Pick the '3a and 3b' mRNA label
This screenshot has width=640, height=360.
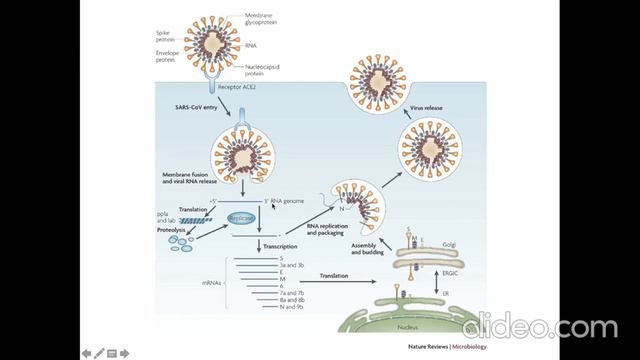[291, 267]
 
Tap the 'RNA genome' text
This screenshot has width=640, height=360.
[287, 202]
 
